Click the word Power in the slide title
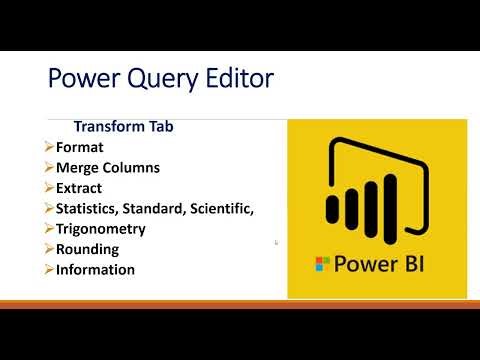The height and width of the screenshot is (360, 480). [84, 79]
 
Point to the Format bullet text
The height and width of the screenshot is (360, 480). [79, 148]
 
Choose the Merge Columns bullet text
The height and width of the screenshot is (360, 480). [108, 168]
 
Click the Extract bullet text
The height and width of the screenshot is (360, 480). [80, 188]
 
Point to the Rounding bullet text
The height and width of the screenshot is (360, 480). [88, 249]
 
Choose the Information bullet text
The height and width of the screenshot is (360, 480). [96, 270]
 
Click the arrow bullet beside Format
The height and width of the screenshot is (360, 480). [50, 148]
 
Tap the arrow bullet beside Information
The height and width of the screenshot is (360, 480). [50, 270]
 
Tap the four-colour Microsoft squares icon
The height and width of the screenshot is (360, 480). [322, 265]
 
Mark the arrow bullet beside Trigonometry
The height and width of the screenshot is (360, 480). [50, 229]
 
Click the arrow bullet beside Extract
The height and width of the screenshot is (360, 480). [50, 188]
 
